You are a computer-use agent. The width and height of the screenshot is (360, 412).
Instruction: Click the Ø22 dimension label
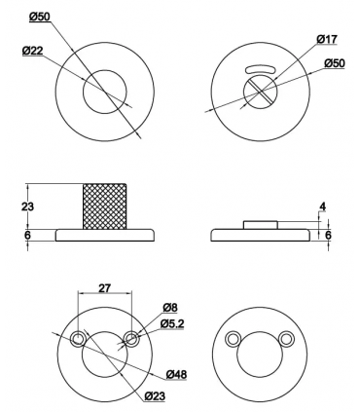tap(33, 51)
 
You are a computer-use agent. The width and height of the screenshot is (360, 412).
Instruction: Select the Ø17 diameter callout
tap(327, 39)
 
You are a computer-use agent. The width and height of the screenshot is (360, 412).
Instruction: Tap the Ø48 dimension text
tap(176, 375)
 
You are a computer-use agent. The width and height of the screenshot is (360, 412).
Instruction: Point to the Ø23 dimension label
tap(155, 395)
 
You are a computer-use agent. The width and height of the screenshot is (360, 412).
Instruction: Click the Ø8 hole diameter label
tap(170, 308)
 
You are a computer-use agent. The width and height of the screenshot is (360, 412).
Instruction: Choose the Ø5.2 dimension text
tap(172, 323)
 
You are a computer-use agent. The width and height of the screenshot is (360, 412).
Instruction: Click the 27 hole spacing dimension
tap(104, 288)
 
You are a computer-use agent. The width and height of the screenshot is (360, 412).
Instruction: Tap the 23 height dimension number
tap(27, 206)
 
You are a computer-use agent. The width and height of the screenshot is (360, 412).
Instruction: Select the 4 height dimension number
tap(322, 206)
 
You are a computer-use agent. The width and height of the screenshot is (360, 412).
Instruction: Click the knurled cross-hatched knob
tap(105, 206)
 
